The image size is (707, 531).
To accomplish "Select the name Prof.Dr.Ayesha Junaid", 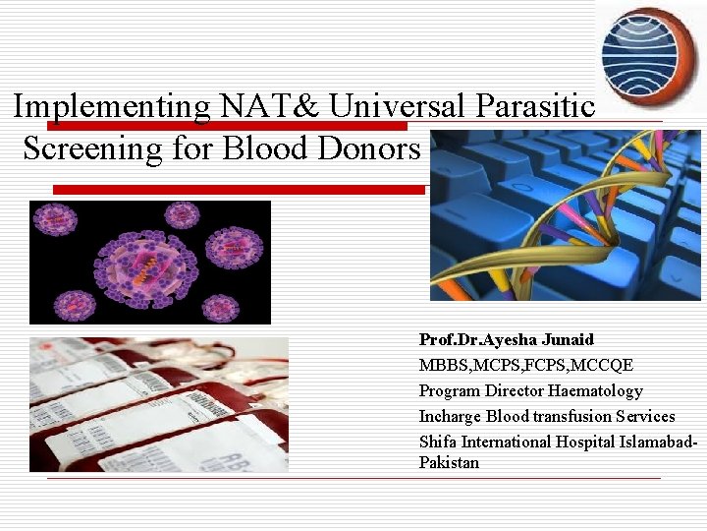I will point(506,340).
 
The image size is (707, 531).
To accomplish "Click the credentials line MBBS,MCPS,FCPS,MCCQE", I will point(525,366).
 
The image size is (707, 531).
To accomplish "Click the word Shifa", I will point(438,442).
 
